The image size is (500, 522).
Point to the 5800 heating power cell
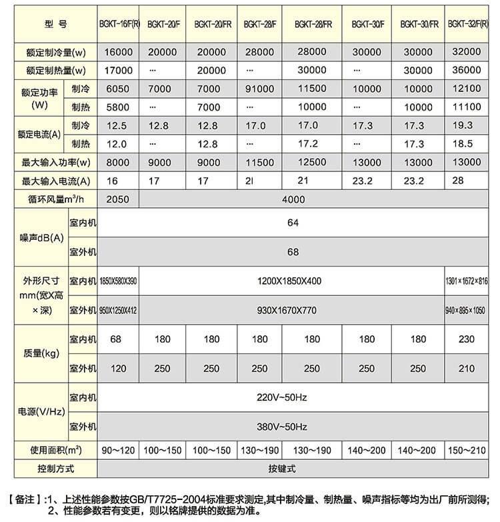coord(117,107)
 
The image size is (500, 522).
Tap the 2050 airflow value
coord(117,199)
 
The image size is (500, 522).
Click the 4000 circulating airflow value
coord(293,199)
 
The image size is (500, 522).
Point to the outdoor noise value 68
coord(293,252)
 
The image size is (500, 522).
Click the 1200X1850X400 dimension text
coord(289,281)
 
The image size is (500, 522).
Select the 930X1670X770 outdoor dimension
coord(289,311)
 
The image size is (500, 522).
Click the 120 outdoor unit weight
coord(117,369)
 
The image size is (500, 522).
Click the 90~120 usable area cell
coord(117,451)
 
